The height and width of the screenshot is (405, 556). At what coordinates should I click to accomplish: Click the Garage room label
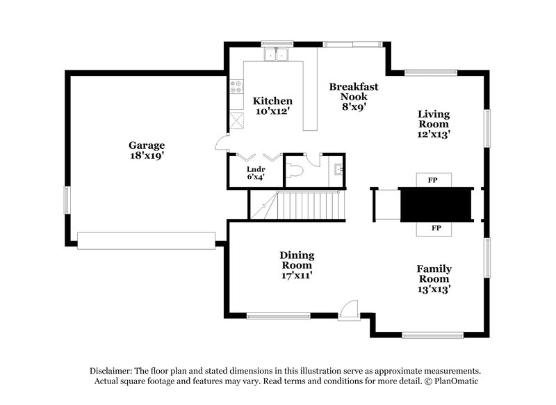tap(146, 150)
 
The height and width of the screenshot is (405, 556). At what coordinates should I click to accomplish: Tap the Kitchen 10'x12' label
tap(272, 106)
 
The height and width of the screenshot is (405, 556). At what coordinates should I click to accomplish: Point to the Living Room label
tap(433, 124)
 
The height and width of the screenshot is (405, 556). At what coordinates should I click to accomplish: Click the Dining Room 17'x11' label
tap(297, 265)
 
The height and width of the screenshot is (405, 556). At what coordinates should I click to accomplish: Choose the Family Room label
tap(434, 278)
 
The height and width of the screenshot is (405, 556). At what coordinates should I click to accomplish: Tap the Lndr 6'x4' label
tap(255, 173)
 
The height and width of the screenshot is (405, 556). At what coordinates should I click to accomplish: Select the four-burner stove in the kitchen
tap(236, 86)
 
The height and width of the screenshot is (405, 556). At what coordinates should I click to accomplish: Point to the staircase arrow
tap(264, 207)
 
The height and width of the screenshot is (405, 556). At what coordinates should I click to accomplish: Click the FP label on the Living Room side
tap(433, 180)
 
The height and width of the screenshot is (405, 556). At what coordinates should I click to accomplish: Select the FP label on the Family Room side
tap(436, 228)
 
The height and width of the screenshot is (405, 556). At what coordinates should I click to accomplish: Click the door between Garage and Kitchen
tap(222, 143)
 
